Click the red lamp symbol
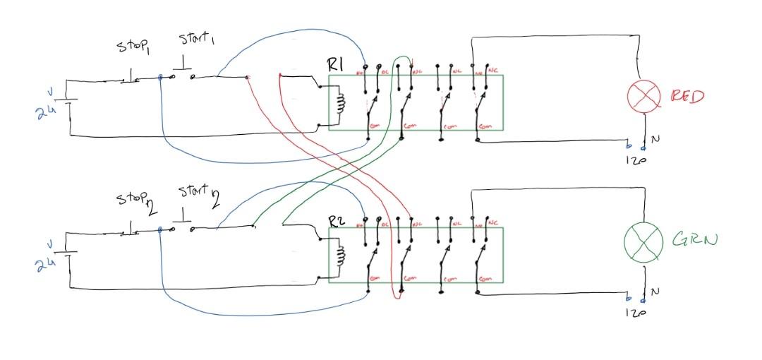coord(643,97)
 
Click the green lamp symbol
coord(643,241)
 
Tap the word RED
coord(687,96)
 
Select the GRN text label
coord(694,240)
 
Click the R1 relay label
coord(335,65)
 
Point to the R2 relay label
coord(336,221)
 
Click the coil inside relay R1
coord(341,104)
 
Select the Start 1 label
coord(195,38)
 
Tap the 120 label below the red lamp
coord(635,160)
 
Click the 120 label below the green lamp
coord(634,311)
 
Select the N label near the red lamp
coord(655,140)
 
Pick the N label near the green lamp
coord(655,291)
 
